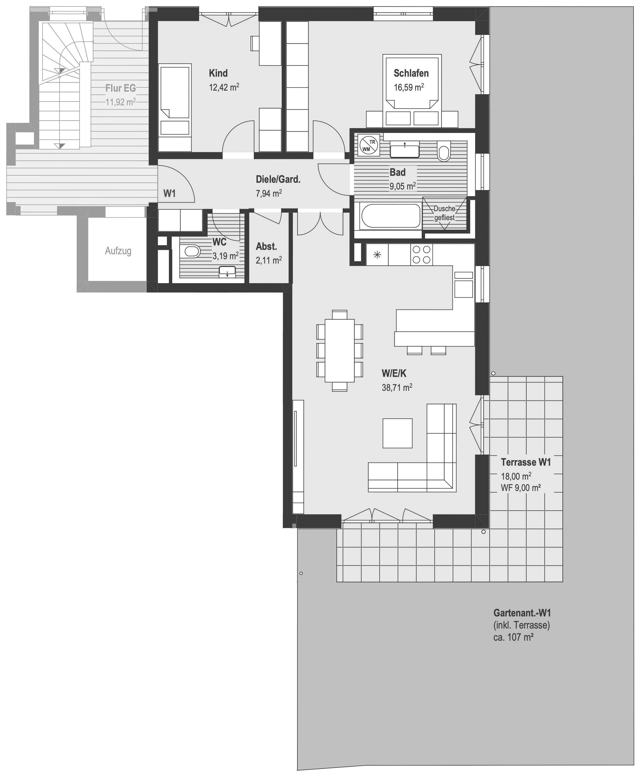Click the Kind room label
click(x=218, y=73)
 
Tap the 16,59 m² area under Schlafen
click(x=409, y=88)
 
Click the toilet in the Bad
click(x=443, y=151)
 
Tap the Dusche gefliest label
click(x=444, y=213)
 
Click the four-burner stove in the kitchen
click(x=421, y=255)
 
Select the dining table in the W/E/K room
click(x=340, y=350)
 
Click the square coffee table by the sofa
click(x=397, y=433)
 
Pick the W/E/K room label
click(x=394, y=373)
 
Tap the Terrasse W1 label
click(x=526, y=462)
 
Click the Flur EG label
click(x=120, y=88)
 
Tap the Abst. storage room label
click(x=266, y=247)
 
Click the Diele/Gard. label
click(x=278, y=180)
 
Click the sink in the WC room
click(x=227, y=272)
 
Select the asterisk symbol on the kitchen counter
click(x=377, y=255)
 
